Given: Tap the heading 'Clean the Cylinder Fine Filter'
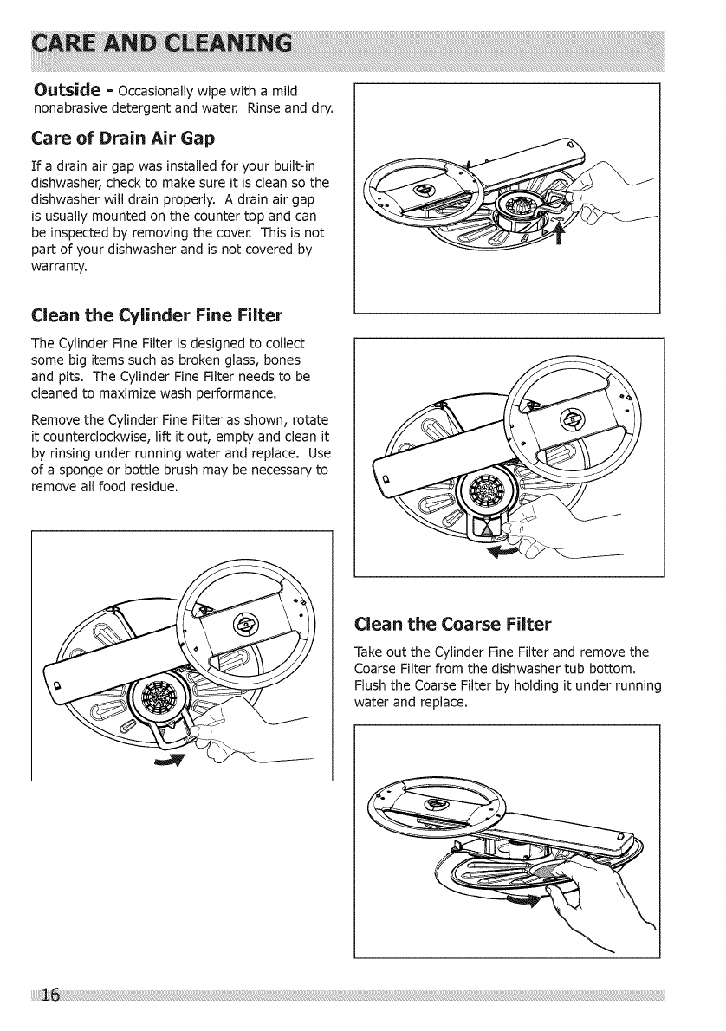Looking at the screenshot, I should pos(144,314).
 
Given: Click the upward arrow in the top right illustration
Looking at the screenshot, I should pos(568,234).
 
